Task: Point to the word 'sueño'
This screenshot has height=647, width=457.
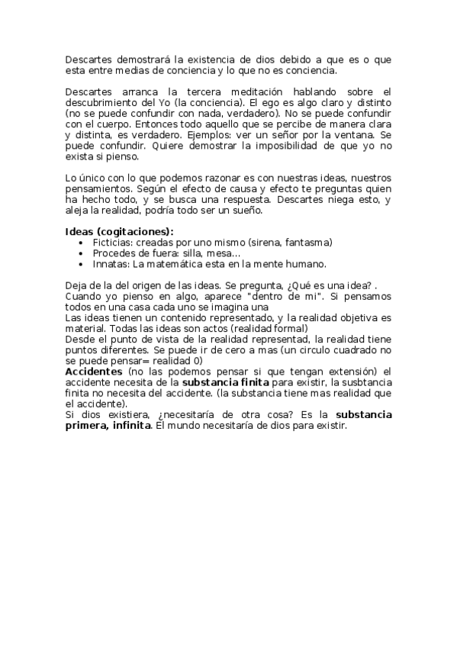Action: pos(244,211)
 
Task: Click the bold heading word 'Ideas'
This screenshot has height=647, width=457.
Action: pos(79,232)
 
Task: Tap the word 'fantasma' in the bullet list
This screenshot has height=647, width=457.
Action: pos(306,243)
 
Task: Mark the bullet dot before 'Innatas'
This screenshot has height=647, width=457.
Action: pos(82,265)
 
